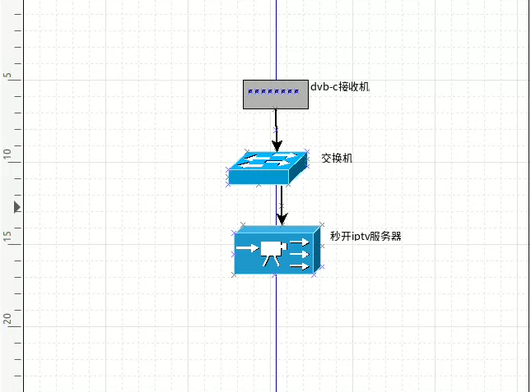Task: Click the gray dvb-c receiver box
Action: (276, 100)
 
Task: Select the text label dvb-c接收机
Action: (340, 85)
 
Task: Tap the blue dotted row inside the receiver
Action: (276, 91)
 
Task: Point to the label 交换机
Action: (337, 158)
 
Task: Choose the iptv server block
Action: (277, 251)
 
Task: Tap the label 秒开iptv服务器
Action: (366, 237)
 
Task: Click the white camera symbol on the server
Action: (270, 252)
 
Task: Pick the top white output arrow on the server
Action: (300, 242)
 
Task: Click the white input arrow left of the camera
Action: (246, 247)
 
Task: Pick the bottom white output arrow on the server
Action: (300, 265)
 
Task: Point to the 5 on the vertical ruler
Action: (8, 76)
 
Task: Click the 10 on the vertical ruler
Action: (8, 154)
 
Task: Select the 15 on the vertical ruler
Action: (8, 237)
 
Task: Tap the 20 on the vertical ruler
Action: (8, 318)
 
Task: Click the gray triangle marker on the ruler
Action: (17, 208)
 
